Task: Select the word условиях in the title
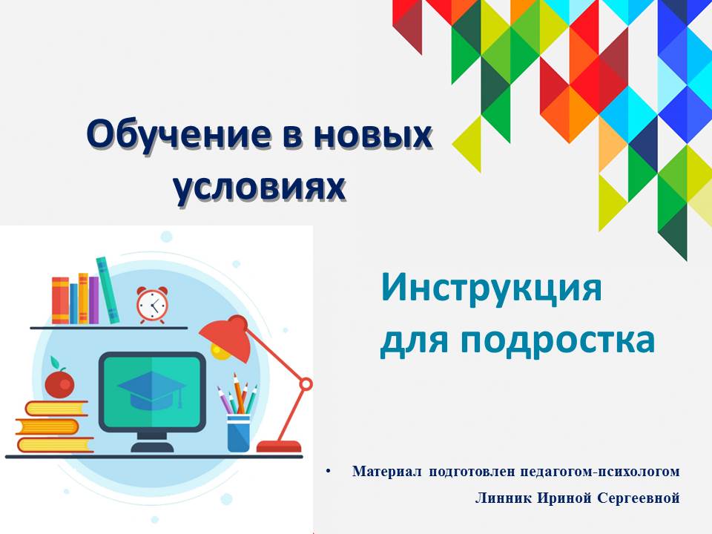tap(260, 186)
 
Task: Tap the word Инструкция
tap(491, 289)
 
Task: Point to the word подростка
tap(558, 340)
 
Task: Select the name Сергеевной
tap(639, 498)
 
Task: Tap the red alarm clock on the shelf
tap(152, 305)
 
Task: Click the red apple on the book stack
tap(59, 383)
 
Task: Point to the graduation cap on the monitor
tap(151, 390)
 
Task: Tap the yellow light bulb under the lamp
tap(221, 352)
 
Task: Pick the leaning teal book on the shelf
tap(108, 290)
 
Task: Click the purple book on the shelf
tap(93, 300)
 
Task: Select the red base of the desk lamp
tap(279, 446)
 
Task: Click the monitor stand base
tap(152, 446)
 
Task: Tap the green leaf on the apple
tap(55, 363)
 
